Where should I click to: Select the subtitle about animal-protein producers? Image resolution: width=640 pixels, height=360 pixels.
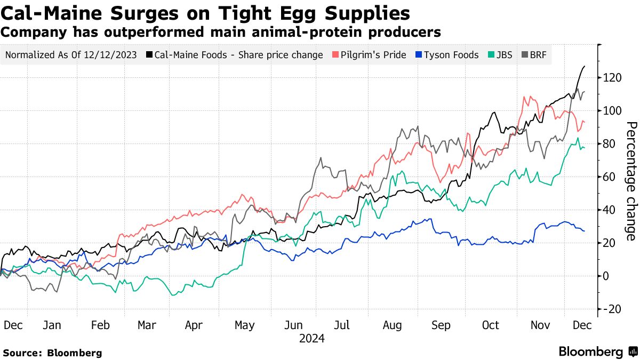tap(221, 33)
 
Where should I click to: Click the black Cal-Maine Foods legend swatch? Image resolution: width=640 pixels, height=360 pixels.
tap(150, 55)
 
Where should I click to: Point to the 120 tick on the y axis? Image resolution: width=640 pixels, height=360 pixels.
tap(611, 78)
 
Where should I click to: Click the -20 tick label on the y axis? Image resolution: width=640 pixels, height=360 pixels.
tap(611, 309)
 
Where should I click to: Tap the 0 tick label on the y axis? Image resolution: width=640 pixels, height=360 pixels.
tap(606, 276)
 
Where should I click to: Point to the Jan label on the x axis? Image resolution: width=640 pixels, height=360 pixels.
tap(52, 325)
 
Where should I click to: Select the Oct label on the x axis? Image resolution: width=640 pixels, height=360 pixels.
tap(490, 325)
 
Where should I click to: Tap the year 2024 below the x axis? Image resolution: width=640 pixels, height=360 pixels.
tap(311, 338)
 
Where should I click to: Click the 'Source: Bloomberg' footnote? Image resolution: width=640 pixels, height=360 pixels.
tap(52, 353)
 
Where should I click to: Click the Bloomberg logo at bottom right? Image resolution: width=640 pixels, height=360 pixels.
tap(597, 352)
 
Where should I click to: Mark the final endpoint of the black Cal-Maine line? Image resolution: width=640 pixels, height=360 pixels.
tap(585, 66)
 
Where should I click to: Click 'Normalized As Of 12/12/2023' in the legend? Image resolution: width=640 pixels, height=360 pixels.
tap(70, 55)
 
